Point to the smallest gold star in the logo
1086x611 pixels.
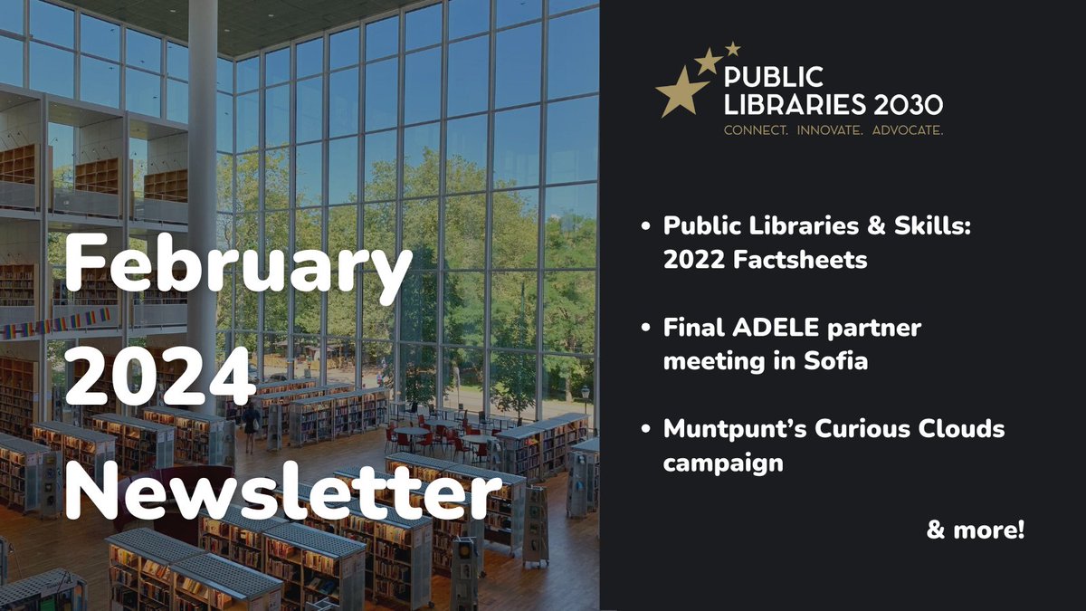click(733, 48)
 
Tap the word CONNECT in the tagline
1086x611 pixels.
click(755, 130)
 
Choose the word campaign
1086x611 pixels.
click(722, 463)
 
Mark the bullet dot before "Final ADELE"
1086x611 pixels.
click(644, 329)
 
